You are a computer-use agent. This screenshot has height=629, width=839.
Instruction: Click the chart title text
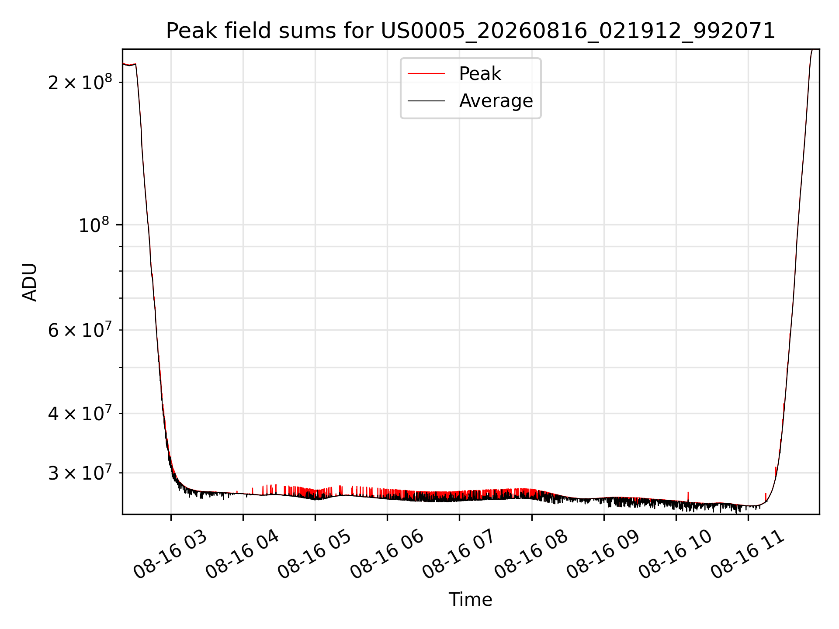coord(471,31)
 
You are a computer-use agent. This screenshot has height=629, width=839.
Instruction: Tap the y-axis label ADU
coord(30,282)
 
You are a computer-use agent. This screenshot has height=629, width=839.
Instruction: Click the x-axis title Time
coord(471,599)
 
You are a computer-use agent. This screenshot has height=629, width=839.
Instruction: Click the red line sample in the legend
coord(426,74)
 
